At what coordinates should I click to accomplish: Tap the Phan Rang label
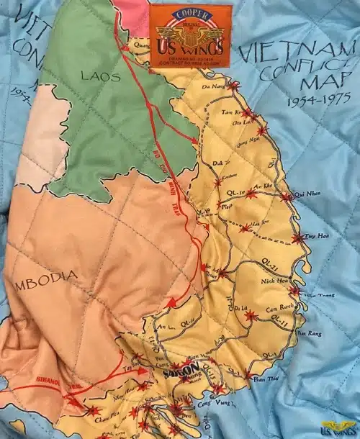[x=309, y=334]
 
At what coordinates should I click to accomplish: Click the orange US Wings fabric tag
[x=191, y=33]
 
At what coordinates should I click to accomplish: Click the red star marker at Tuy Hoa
[x=296, y=238]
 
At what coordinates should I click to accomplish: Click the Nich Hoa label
[x=276, y=279]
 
